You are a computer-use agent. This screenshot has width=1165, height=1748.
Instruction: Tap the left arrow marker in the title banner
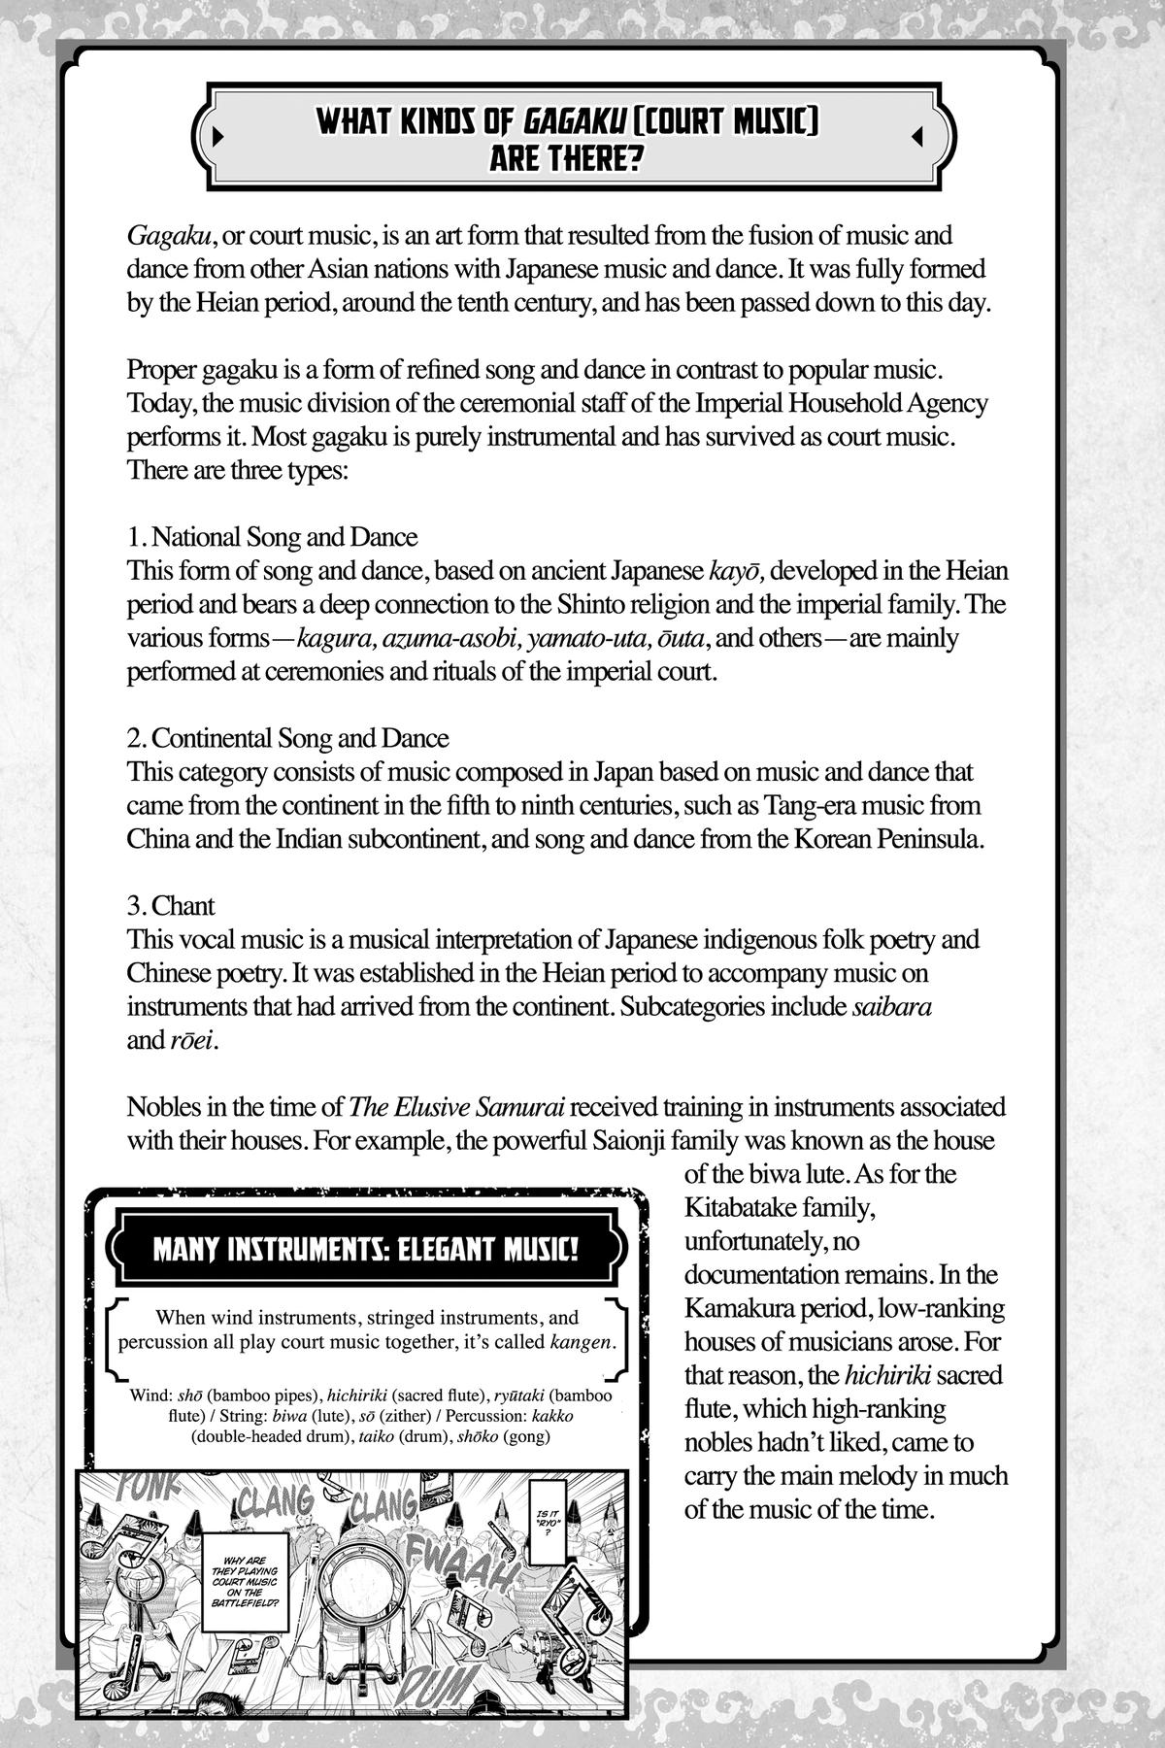[218, 137]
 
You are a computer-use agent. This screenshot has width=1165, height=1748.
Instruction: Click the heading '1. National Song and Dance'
[272, 537]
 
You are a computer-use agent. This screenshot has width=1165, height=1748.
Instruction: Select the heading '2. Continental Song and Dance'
[287, 738]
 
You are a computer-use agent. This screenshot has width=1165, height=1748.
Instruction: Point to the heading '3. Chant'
[171, 906]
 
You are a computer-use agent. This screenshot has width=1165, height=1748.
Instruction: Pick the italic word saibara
[891, 1007]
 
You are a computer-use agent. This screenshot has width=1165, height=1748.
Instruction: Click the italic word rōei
[187, 1041]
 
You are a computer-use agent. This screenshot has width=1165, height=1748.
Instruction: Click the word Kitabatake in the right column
[737, 1209]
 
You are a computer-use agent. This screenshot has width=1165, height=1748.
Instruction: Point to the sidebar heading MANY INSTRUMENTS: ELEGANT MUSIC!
[366, 1248]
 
